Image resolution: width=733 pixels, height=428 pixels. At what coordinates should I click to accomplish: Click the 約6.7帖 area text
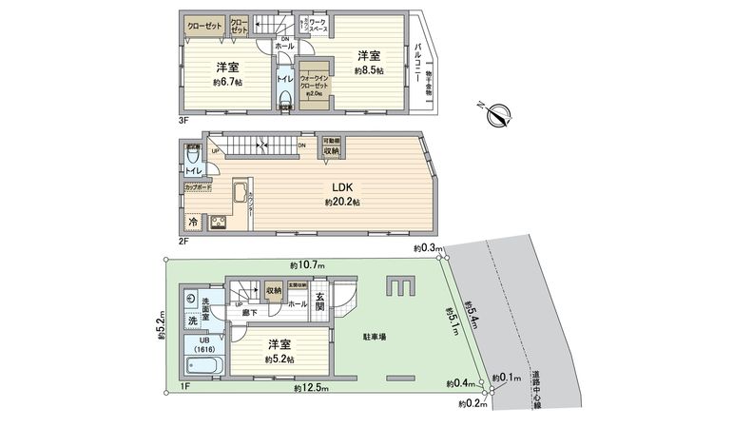[226, 83]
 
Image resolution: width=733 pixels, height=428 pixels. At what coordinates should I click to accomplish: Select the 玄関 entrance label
[318, 305]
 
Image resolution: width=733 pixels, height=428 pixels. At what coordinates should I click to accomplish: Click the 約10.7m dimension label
[307, 264]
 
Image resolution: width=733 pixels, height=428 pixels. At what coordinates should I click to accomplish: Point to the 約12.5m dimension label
[310, 389]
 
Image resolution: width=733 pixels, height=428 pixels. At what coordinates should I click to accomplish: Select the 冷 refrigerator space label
[193, 222]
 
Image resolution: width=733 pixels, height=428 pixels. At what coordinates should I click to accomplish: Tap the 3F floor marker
[183, 120]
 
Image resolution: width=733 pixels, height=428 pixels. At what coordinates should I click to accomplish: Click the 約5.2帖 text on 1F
[279, 360]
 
